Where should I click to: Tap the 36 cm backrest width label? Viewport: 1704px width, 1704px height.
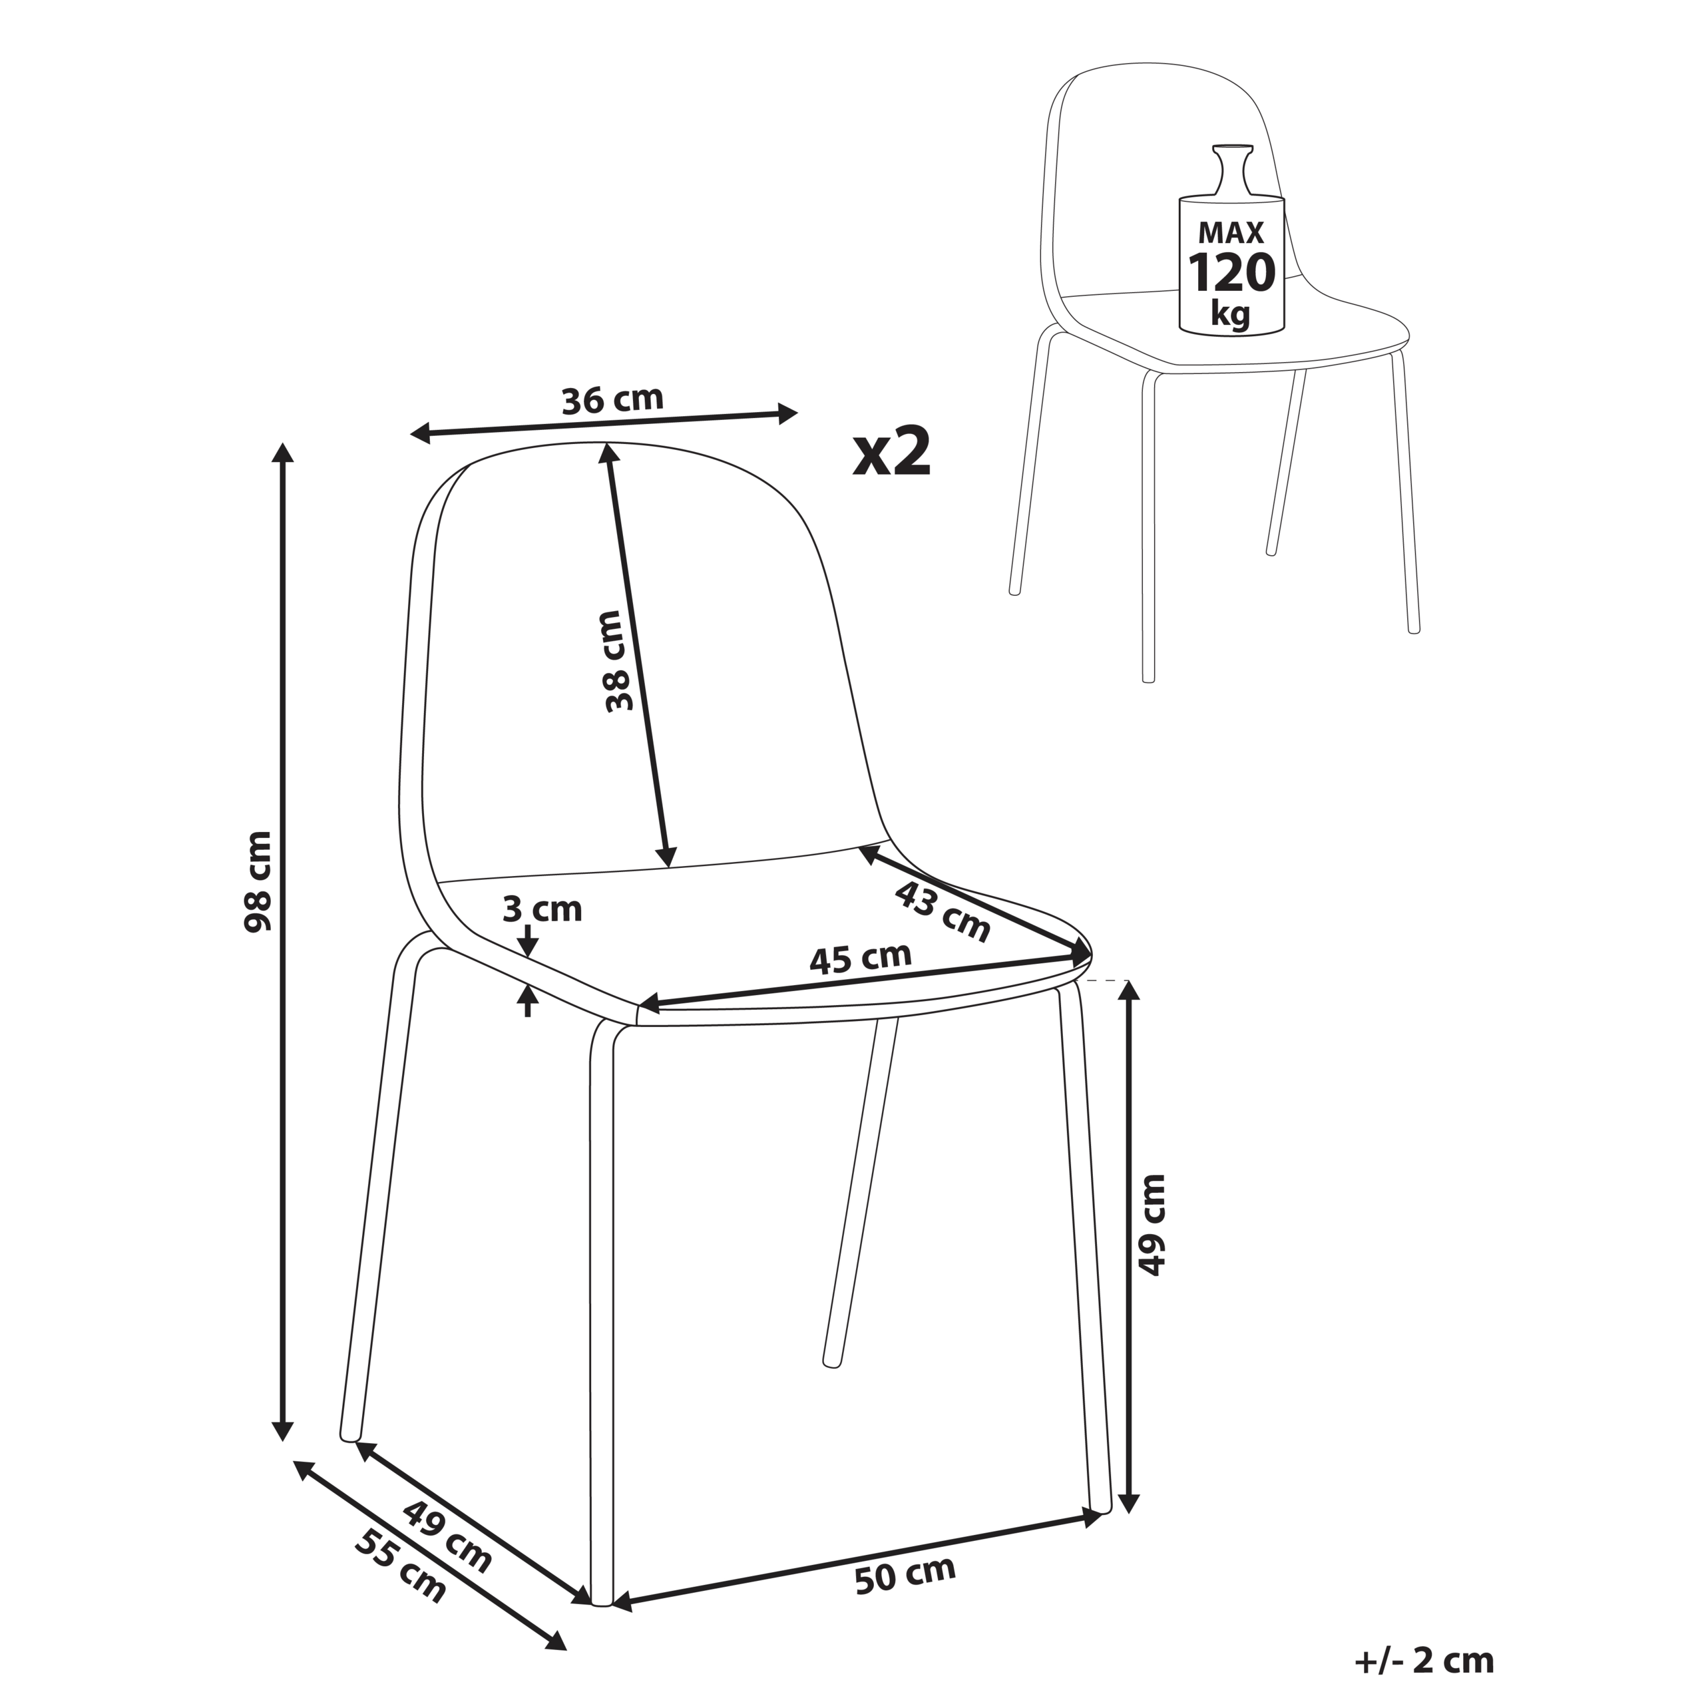(x=612, y=399)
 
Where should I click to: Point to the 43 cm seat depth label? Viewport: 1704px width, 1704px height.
(x=943, y=910)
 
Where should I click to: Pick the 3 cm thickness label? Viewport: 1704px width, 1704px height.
(x=542, y=909)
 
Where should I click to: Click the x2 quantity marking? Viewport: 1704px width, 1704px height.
(x=892, y=451)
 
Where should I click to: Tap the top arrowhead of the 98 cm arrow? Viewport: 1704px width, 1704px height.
(x=282, y=453)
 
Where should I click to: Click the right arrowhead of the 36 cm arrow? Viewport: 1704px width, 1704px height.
(x=787, y=412)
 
